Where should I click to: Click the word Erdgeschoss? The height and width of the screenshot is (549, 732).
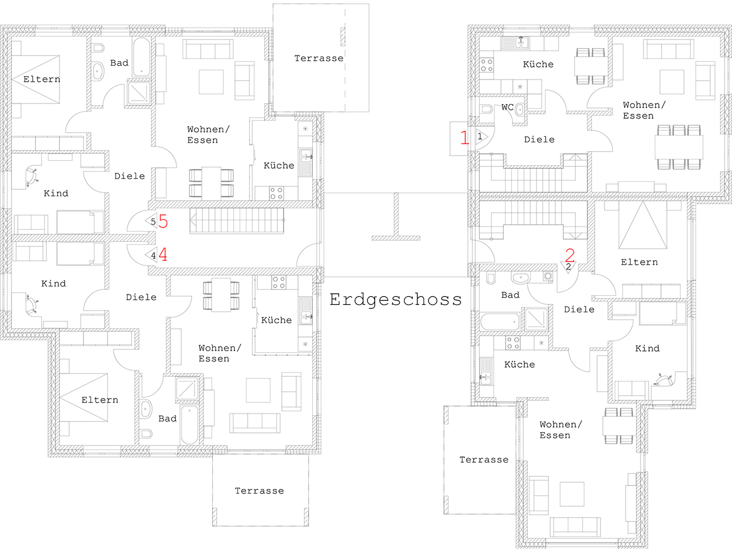tap(396, 300)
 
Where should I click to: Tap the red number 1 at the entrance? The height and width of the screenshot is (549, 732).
tap(464, 137)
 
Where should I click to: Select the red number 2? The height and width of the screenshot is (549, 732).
tap(570, 255)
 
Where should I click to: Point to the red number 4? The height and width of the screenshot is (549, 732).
tap(163, 254)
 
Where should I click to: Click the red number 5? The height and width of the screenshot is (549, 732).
tap(163, 221)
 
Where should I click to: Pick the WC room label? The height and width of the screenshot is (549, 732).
tap(508, 108)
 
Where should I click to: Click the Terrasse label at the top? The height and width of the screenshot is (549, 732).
tap(319, 58)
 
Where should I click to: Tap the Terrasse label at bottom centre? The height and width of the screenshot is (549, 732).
tap(259, 491)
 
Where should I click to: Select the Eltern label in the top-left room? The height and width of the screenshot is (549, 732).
tap(42, 79)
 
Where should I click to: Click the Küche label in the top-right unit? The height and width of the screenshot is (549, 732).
tap(538, 64)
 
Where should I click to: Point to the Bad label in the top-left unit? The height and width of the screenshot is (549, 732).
tap(119, 63)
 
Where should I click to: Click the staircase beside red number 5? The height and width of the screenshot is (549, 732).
tap(237, 220)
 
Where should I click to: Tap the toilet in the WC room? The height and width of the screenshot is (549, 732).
tap(487, 109)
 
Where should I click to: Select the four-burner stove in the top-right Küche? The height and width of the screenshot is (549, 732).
tap(487, 65)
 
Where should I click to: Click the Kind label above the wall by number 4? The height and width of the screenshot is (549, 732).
tap(55, 193)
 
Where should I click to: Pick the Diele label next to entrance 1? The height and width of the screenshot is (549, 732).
tap(539, 140)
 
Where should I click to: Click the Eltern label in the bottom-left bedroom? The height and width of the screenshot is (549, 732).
tap(100, 400)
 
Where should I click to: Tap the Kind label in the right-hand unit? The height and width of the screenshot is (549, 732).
tap(647, 348)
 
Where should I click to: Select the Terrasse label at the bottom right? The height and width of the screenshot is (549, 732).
tap(484, 460)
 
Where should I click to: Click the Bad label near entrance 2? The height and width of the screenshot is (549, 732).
tap(510, 295)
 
